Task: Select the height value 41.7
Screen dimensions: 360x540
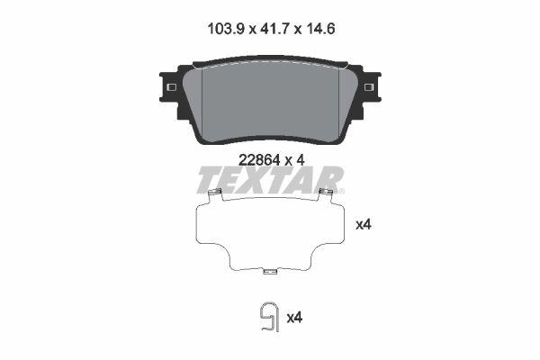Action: pyautogui.click(x=270, y=28)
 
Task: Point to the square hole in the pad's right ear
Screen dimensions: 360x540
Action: pyautogui.click(x=369, y=85)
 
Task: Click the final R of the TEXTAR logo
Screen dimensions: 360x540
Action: pyautogui.click(x=326, y=181)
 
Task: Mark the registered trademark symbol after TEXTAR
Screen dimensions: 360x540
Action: pyautogui.click(x=341, y=191)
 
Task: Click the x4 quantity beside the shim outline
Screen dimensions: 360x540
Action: pyautogui.click(x=364, y=224)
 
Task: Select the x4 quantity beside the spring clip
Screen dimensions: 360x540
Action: pyautogui.click(x=293, y=317)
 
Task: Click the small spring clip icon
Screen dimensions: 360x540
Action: pyautogui.click(x=266, y=317)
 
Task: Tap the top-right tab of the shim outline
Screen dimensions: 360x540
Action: pyautogui.click(x=327, y=195)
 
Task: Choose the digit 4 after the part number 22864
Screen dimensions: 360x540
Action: pyautogui.click(x=301, y=159)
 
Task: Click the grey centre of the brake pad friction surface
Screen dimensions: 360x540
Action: pyautogui.click(x=270, y=103)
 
